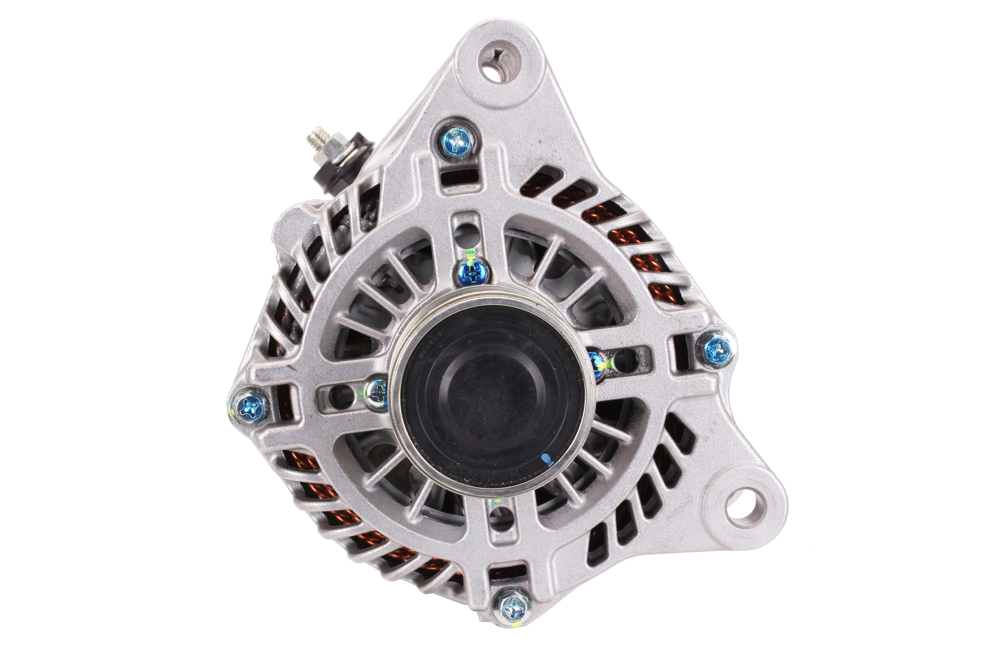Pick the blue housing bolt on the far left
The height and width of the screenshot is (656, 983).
[249, 406]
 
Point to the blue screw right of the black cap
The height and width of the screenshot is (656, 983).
[596, 364]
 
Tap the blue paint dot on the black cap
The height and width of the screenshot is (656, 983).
[545, 458]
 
